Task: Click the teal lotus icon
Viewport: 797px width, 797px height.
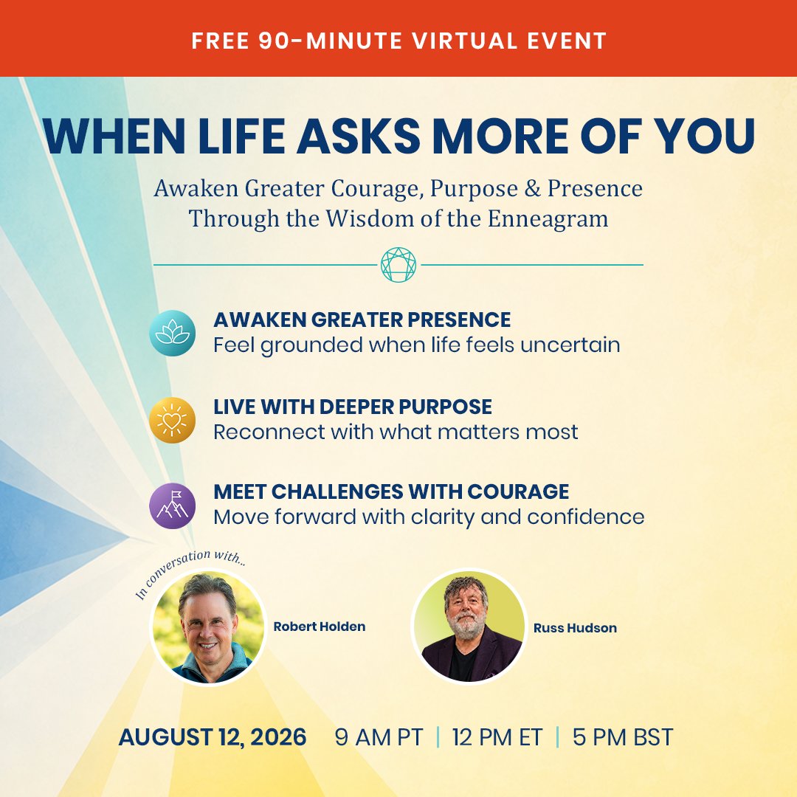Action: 172,333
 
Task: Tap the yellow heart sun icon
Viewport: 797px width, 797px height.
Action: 172,420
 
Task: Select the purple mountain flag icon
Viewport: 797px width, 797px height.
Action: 172,506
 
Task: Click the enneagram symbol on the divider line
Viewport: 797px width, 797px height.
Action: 398,265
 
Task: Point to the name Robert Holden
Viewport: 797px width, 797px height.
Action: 320,627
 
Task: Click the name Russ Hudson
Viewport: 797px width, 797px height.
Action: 575,628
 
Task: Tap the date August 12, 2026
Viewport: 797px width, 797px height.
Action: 213,737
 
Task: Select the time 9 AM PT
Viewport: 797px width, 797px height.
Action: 379,737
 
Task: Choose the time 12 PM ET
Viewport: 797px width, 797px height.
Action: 497,737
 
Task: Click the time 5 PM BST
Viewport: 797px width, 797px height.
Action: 623,737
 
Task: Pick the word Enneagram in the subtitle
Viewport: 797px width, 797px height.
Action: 548,218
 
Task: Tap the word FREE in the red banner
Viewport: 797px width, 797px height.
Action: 220,41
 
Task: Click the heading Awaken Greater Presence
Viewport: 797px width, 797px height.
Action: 362,320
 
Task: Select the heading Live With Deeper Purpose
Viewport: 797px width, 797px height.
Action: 352,407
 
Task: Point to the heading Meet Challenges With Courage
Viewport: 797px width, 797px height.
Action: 391,491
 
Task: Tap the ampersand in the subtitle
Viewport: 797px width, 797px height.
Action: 532,188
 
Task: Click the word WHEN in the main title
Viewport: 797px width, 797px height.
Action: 114,136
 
